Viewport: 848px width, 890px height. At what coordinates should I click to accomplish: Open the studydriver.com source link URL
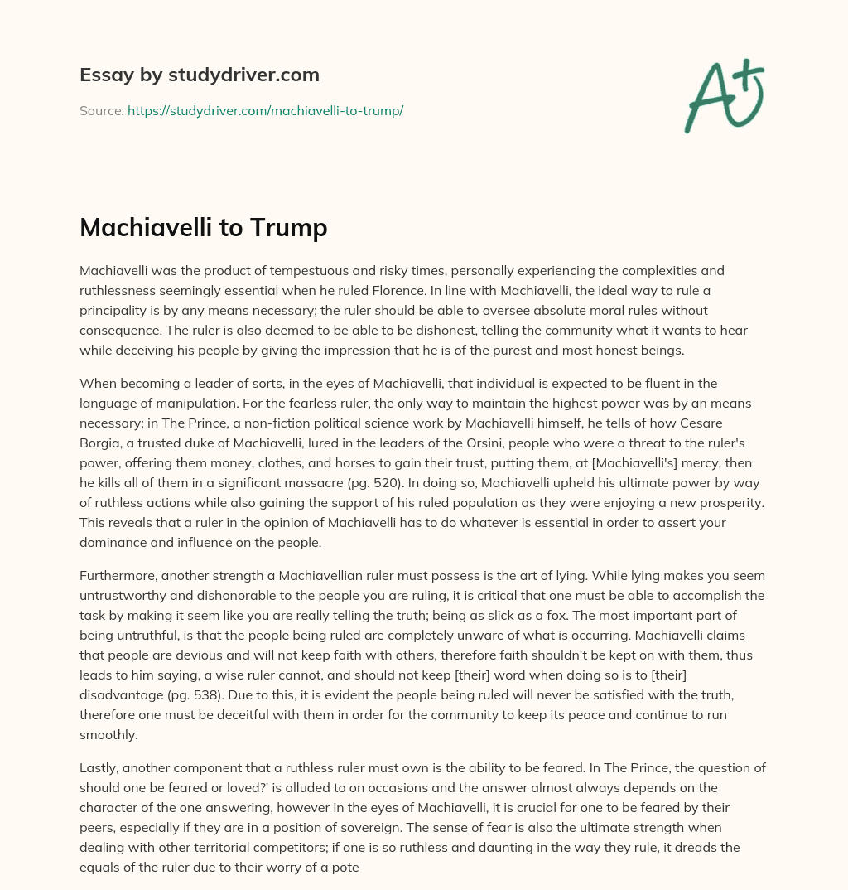265,110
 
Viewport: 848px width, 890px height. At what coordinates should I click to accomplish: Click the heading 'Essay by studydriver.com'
200,75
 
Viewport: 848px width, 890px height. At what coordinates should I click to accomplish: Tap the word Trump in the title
290,227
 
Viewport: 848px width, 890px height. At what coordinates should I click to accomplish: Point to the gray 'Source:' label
101,110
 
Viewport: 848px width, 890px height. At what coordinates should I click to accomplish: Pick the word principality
118,310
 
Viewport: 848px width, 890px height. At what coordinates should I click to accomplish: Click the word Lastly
99,767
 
